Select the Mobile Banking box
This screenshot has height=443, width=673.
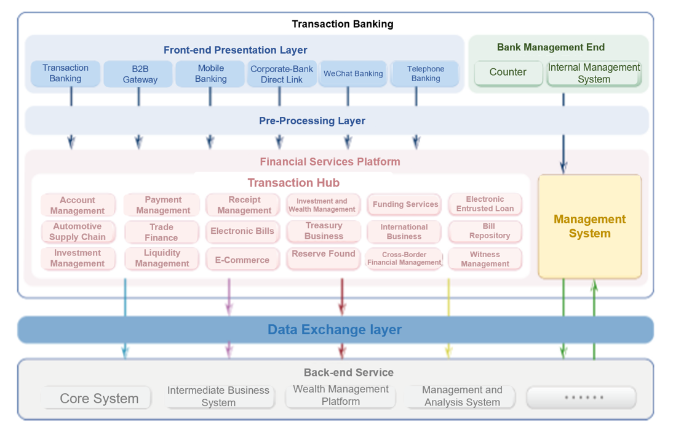[210, 74]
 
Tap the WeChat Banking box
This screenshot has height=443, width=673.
[353, 74]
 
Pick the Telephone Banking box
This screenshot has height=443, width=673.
[425, 74]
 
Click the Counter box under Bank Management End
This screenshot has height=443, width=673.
[508, 73]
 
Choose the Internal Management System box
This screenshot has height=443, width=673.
[594, 73]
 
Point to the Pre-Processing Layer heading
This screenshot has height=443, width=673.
[312, 121]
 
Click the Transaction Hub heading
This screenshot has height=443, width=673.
[293, 183]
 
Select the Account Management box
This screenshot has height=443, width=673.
[78, 206]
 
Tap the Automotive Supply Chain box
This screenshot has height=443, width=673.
[78, 232]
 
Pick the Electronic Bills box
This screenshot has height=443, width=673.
[242, 231]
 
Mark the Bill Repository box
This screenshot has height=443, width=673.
[485, 231]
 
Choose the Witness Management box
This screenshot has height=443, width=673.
[485, 259]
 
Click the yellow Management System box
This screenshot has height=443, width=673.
[589, 226]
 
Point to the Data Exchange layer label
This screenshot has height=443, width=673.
[334, 330]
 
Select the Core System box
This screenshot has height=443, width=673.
[98, 398]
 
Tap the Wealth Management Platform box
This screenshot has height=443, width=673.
[340, 396]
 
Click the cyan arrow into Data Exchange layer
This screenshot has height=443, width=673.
[125, 298]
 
